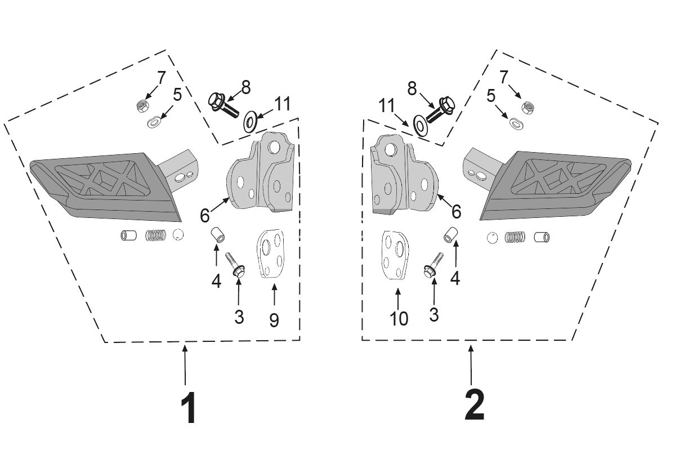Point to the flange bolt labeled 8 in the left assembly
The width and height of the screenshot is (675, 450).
[223, 105]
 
